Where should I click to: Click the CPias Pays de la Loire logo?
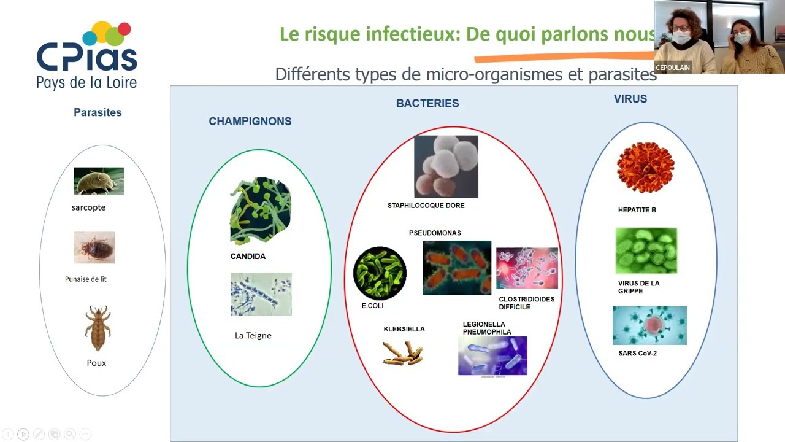86,56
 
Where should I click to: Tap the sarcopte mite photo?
99,181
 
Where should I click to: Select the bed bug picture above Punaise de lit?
94,247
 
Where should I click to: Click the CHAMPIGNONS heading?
250,122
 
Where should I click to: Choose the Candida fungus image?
261,211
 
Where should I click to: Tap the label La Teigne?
253,336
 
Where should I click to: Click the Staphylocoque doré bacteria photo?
446,166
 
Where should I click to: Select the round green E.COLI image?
380,273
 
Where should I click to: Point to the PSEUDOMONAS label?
435,233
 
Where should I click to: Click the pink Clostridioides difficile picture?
527,268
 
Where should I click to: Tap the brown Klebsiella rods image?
403,353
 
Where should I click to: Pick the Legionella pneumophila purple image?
492,355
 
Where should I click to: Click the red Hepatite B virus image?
645,167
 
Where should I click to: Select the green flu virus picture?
646,250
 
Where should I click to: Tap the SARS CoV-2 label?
637,354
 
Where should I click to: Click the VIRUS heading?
630,99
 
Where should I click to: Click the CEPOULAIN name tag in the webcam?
673,68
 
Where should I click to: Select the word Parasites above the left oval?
98,113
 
